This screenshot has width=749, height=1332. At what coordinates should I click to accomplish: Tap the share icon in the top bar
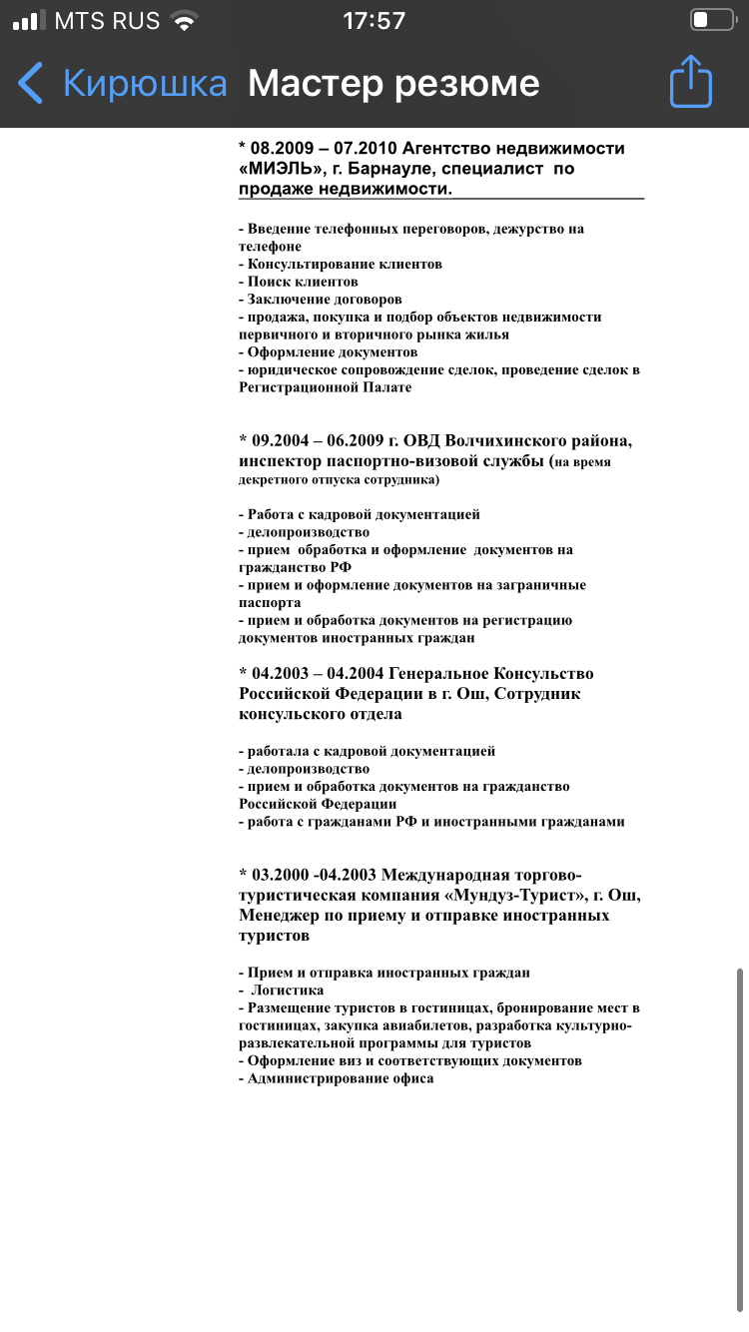pos(691,82)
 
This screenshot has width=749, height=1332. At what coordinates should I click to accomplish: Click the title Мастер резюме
pos(393,83)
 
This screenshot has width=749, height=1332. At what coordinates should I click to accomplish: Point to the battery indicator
pos(711,20)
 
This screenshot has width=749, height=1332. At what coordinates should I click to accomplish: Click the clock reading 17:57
pos(374,21)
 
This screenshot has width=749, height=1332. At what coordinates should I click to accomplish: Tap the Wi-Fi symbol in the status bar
pos(184,21)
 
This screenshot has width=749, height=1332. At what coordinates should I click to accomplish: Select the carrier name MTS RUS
pos(107,21)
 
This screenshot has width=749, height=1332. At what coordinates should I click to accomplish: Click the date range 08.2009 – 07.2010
pos(322,149)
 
